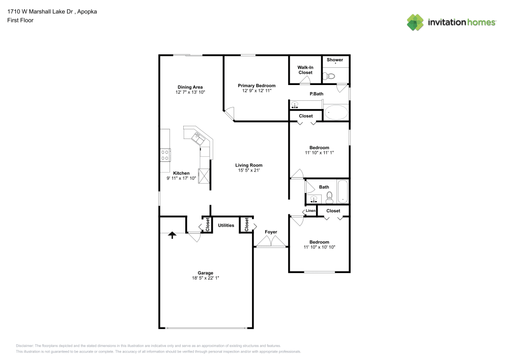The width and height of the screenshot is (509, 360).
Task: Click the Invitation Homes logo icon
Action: (x=415, y=22)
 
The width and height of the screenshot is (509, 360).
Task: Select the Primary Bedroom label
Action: (x=257, y=86)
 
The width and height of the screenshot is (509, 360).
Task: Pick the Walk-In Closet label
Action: (x=305, y=70)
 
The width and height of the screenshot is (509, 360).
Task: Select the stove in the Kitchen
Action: (x=165, y=154)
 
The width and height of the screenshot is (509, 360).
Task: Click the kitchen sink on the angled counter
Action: (x=197, y=137)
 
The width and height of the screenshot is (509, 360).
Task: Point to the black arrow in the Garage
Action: (x=172, y=235)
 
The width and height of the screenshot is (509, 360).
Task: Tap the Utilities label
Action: (x=226, y=225)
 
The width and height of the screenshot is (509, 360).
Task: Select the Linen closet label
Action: (x=310, y=211)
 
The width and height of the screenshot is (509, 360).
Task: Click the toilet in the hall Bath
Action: (x=329, y=198)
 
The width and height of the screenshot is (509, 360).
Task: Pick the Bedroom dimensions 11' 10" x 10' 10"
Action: (x=319, y=247)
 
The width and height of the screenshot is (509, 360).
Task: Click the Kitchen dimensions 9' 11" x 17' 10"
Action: (x=181, y=178)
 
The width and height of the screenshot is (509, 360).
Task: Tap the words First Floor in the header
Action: (x=20, y=20)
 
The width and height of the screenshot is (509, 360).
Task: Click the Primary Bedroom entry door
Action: (x=230, y=115)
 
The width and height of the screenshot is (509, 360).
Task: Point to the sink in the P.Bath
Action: (x=295, y=105)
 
